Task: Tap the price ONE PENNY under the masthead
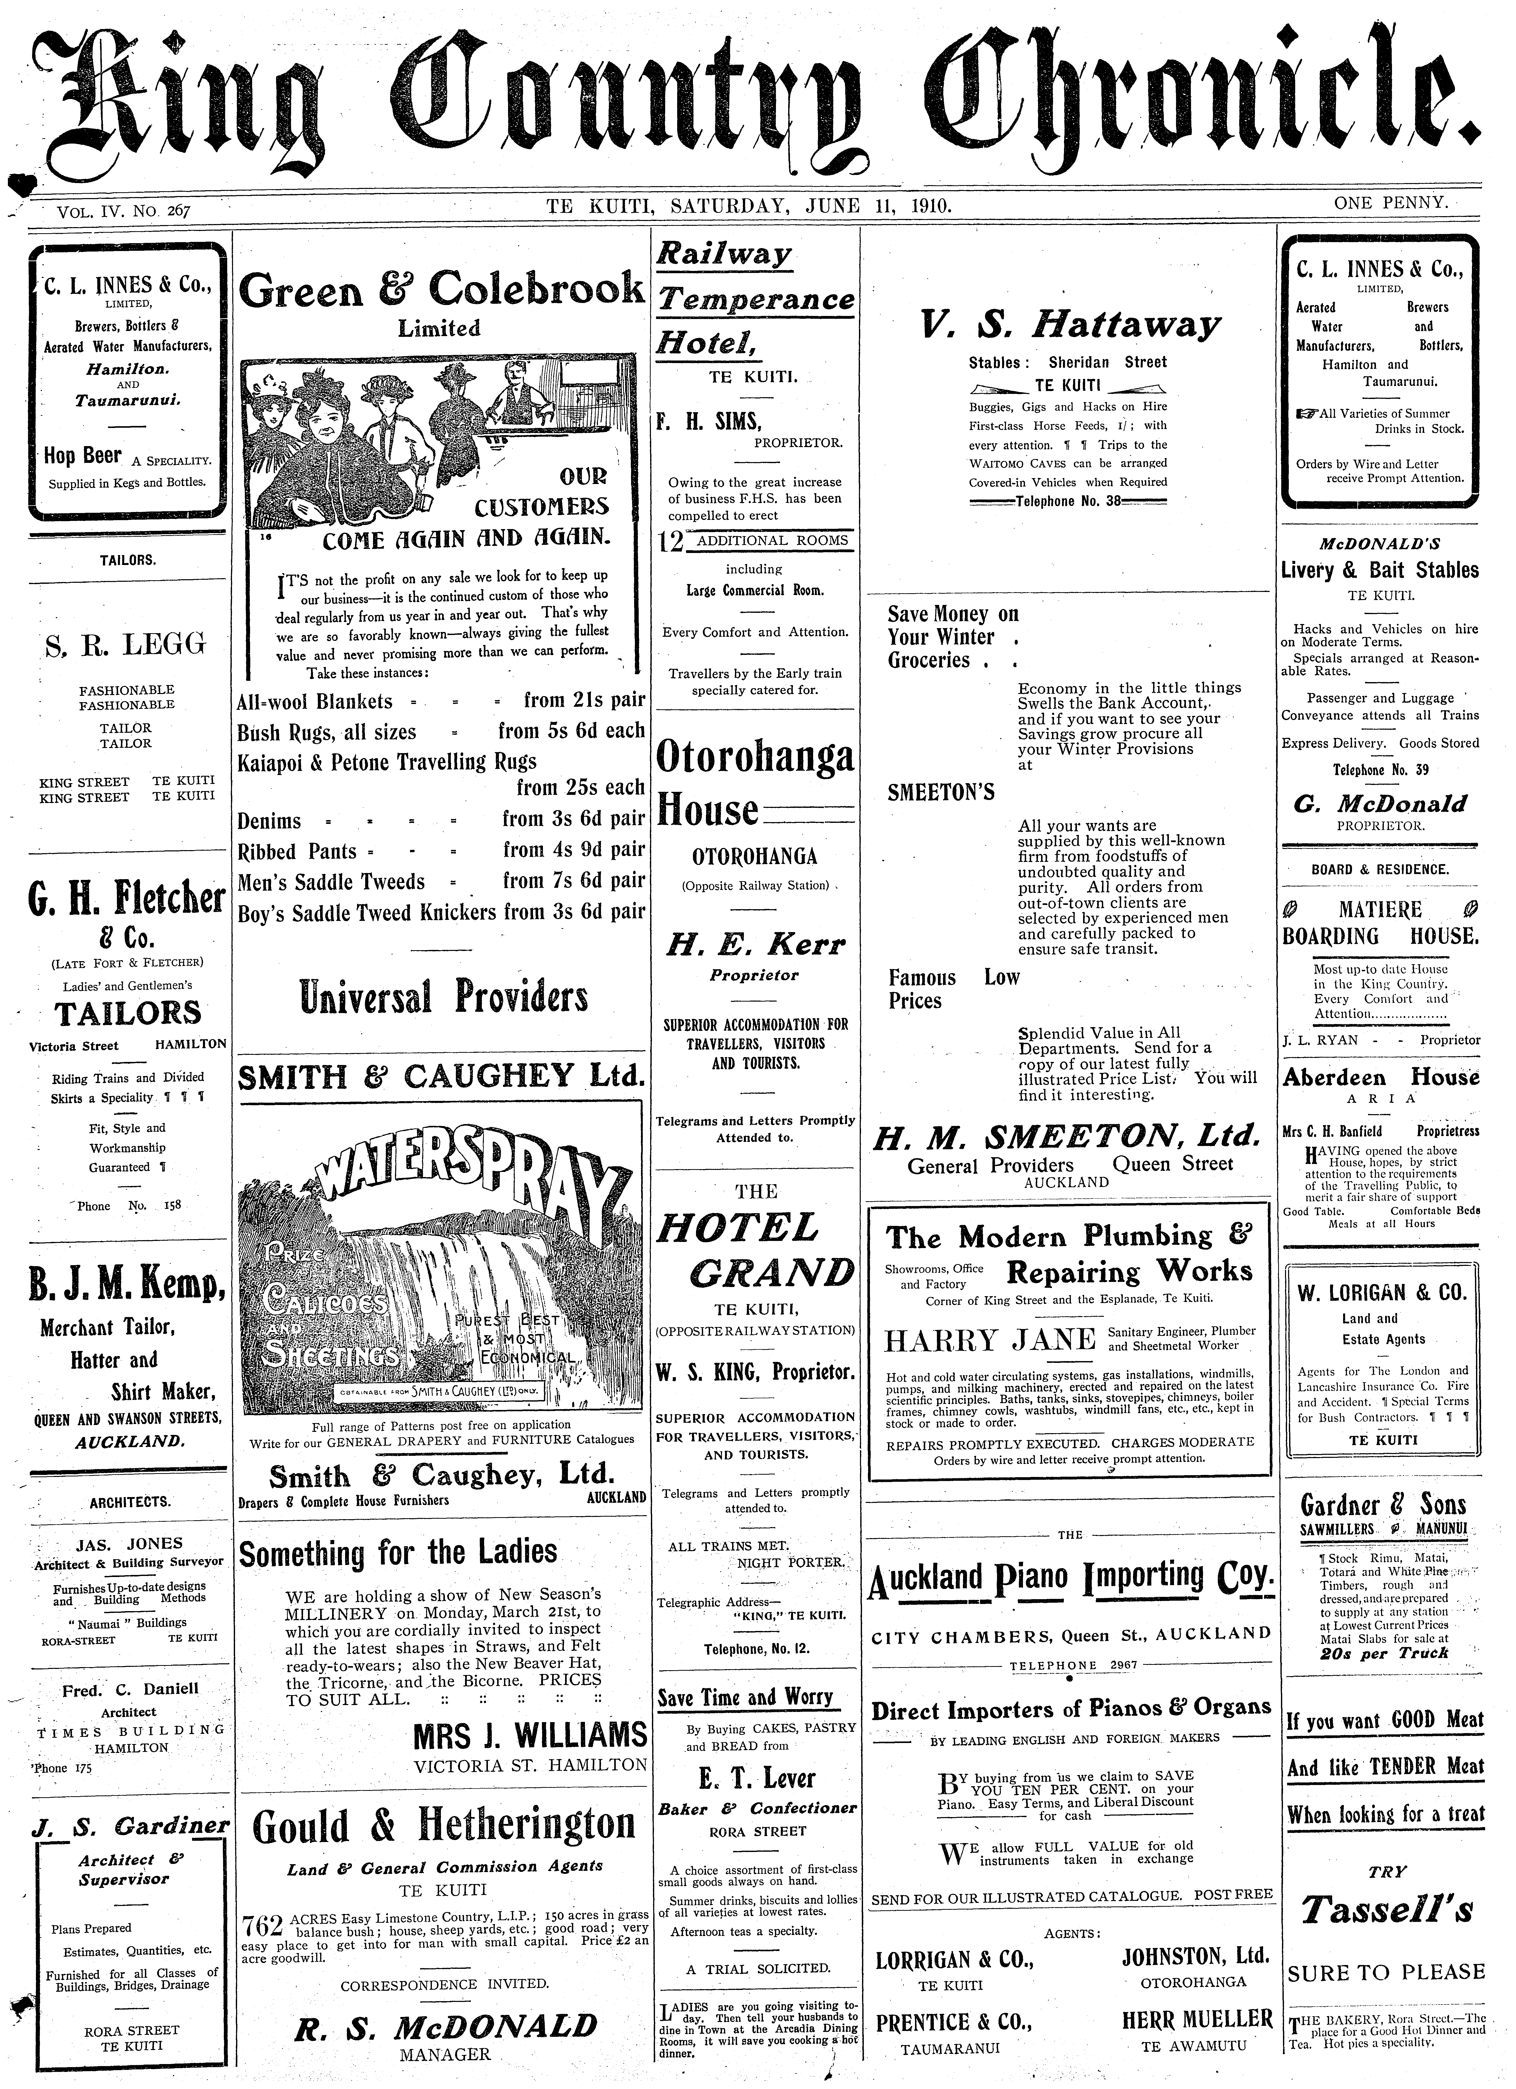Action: click(x=1391, y=202)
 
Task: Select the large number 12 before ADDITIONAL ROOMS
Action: click(x=672, y=543)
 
